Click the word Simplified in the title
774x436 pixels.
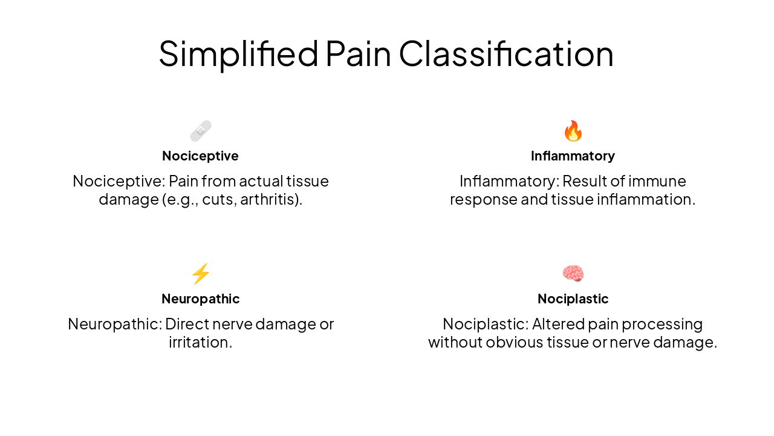(238, 53)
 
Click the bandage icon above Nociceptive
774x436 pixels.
(200, 131)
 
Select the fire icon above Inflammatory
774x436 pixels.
(573, 131)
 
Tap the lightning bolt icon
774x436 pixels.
(200, 274)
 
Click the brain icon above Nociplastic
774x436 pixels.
(573, 274)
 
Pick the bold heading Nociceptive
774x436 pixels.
(200, 156)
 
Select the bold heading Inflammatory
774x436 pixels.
(573, 156)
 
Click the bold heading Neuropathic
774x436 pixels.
(200, 299)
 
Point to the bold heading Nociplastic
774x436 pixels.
(573, 299)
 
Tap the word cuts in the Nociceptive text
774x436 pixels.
(218, 199)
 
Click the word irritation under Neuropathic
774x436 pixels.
(200, 342)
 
